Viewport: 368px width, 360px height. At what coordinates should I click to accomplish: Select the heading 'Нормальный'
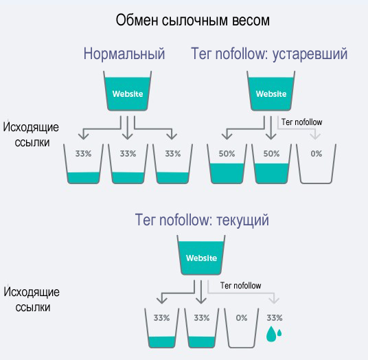coord(124,54)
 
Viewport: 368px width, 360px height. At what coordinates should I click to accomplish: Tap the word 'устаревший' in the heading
coord(309,54)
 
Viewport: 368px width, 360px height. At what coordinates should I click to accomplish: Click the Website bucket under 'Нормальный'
coord(128,93)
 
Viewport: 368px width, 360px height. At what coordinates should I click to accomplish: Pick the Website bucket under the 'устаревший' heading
coord(271,93)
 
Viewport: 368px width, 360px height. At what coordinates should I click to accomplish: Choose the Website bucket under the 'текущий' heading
coord(202,258)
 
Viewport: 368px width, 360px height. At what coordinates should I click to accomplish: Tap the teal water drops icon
coord(275,334)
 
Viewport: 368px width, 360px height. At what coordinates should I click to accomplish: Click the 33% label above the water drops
coord(275,318)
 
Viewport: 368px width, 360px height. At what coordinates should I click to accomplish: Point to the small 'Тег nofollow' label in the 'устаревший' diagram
coord(302,122)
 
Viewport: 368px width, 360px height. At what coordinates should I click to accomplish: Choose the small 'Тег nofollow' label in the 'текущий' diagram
coord(240,285)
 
